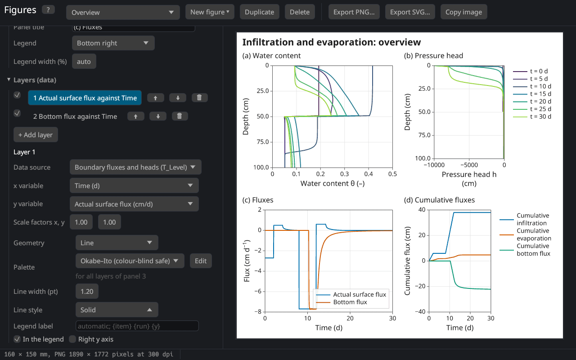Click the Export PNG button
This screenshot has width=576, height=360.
tap(354, 12)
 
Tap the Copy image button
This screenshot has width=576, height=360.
tap(463, 12)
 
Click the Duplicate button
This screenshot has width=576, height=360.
tap(259, 12)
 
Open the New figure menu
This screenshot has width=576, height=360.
tap(210, 12)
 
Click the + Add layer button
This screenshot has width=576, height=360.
tap(36, 135)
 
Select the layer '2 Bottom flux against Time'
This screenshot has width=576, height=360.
tap(75, 117)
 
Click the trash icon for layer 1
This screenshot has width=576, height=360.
tap(199, 98)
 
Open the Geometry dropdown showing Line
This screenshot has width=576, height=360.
tap(117, 243)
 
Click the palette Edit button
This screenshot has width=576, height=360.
tap(201, 261)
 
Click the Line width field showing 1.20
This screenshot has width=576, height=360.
tap(87, 291)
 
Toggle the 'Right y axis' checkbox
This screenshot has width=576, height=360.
tap(73, 339)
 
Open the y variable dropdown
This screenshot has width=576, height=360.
tap(134, 204)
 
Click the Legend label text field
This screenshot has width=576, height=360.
tap(137, 326)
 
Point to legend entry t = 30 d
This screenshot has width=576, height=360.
tap(532, 117)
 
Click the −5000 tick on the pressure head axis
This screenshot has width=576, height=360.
tap(469, 165)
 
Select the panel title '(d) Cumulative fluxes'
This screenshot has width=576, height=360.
tap(439, 200)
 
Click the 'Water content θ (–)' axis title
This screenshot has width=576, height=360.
tap(333, 184)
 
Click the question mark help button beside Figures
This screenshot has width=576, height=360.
tap(48, 10)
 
